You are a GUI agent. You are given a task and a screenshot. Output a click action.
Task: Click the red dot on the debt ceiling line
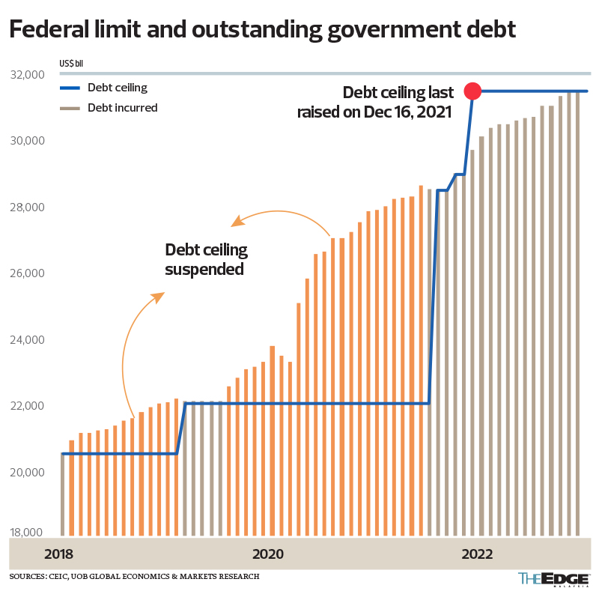pyautogui.click(x=472, y=91)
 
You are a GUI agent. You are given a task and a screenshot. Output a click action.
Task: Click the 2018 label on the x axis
pyautogui.click(x=59, y=554)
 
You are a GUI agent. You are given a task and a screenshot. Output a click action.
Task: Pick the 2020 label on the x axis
pyautogui.click(x=267, y=554)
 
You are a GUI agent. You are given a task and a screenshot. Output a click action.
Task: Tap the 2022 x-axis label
pyautogui.click(x=477, y=554)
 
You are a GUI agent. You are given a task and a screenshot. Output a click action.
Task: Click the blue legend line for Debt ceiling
pyautogui.click(x=70, y=88)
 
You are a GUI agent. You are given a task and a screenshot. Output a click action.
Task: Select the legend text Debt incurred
pyautogui.click(x=122, y=108)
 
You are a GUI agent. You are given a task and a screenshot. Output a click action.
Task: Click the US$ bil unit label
pyautogui.click(x=71, y=64)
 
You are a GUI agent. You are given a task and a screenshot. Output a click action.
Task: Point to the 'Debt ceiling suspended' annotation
pyautogui.click(x=205, y=259)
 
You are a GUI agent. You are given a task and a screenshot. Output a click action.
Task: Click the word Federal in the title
pyautogui.click(x=51, y=30)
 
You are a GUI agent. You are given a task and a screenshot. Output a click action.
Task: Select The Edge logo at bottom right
pyautogui.click(x=553, y=579)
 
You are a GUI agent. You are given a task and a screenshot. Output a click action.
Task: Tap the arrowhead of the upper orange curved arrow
pyautogui.click(x=236, y=221)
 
